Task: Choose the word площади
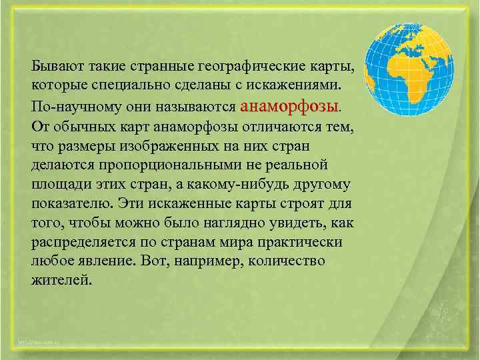[58, 183]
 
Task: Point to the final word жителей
[59, 280]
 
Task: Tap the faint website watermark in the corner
[40, 343]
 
